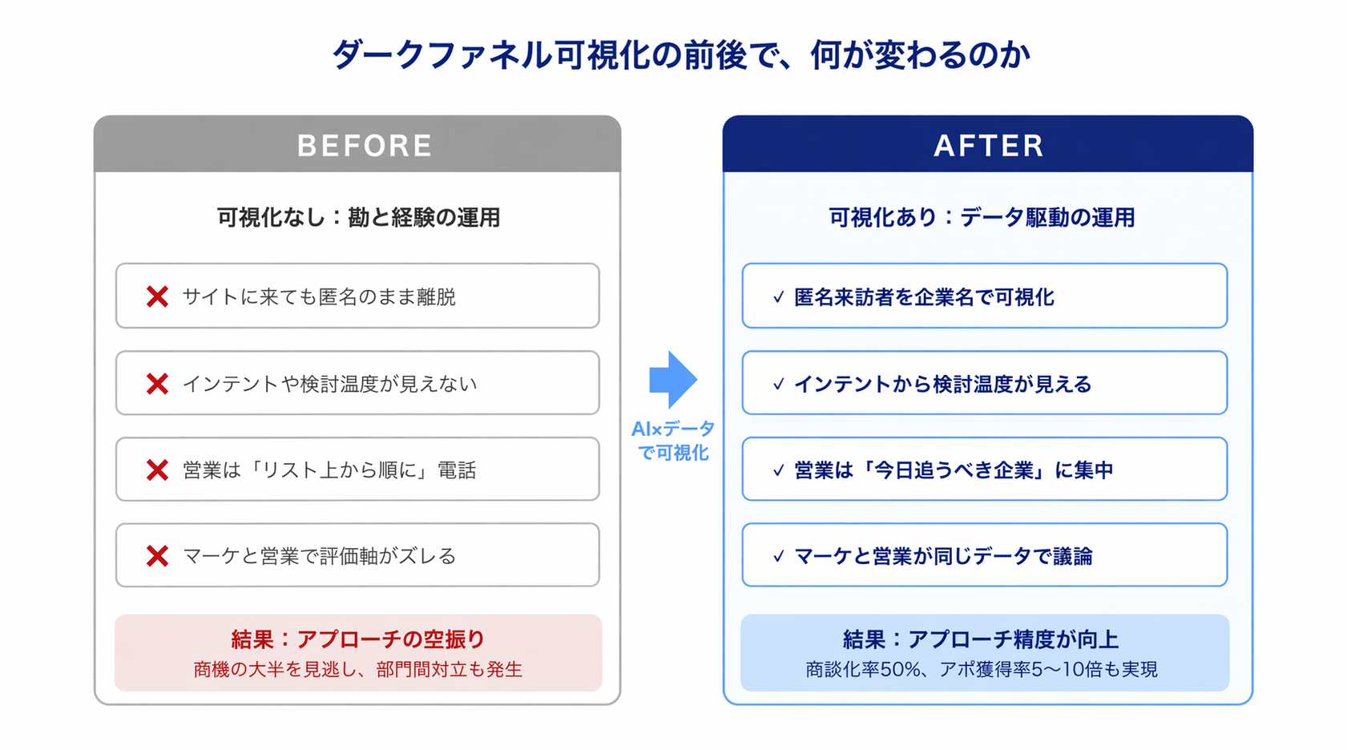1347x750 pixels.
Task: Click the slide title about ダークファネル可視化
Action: pyautogui.click(x=680, y=55)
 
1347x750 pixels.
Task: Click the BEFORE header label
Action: pyautogui.click(x=365, y=146)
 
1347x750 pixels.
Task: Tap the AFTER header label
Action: pyautogui.click(x=989, y=146)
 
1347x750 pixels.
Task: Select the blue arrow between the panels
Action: pyautogui.click(x=673, y=379)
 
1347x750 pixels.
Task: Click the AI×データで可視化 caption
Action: pyautogui.click(x=673, y=441)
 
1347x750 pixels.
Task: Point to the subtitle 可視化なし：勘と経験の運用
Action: pyautogui.click(x=358, y=217)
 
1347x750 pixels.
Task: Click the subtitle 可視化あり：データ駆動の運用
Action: pyautogui.click(x=982, y=217)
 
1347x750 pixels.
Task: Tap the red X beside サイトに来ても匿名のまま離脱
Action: pyautogui.click(x=157, y=296)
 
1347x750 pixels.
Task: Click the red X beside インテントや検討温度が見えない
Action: pyautogui.click(x=157, y=384)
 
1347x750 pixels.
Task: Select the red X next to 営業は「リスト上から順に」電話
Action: pyautogui.click(x=157, y=470)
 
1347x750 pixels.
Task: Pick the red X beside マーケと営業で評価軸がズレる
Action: pyautogui.click(x=157, y=555)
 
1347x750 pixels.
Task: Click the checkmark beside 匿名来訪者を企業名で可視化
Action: pyautogui.click(x=778, y=297)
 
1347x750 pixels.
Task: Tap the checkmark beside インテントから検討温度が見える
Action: pyautogui.click(x=778, y=385)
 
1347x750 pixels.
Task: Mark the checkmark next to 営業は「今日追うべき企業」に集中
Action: pyautogui.click(x=778, y=470)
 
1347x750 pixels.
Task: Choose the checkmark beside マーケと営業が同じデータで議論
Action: pyautogui.click(x=778, y=556)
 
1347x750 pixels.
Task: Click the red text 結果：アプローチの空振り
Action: pyautogui.click(x=358, y=639)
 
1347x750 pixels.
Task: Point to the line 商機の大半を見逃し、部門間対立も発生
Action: pyautogui.click(x=358, y=669)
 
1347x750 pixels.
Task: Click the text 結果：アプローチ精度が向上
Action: pyautogui.click(x=981, y=639)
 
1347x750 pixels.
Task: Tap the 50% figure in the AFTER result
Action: pyautogui.click(x=901, y=669)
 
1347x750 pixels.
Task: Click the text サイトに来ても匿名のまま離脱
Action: pyautogui.click(x=319, y=296)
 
